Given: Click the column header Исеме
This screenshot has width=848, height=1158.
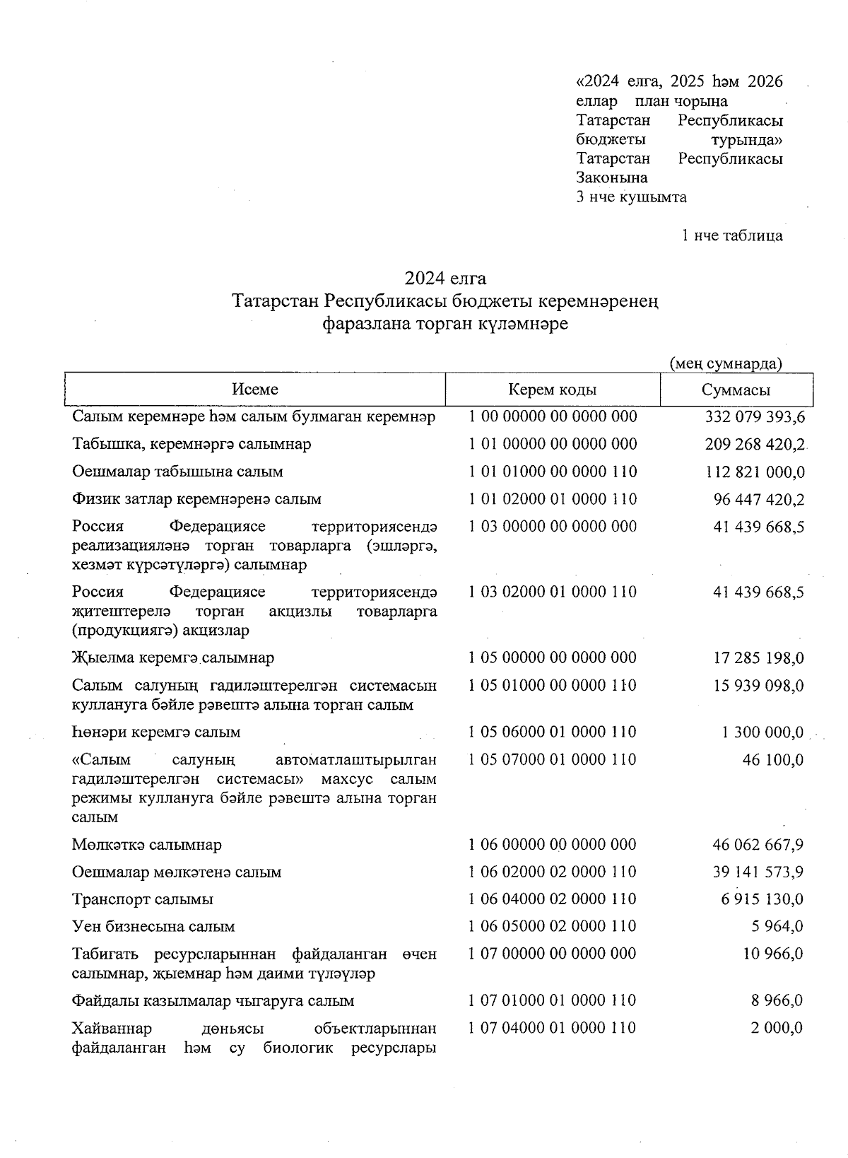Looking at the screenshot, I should click(255, 390).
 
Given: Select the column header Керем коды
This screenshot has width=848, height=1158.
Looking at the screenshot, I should click(552, 390).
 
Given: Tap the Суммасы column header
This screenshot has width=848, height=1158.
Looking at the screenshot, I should click(736, 390).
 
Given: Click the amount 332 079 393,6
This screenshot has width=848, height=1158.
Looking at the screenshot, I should click(755, 417).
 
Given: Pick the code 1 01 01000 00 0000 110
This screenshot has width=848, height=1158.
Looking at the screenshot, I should click(552, 472).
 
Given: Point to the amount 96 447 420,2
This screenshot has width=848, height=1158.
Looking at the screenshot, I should click(759, 500).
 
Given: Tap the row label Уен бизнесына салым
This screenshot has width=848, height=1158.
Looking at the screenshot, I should click(153, 926).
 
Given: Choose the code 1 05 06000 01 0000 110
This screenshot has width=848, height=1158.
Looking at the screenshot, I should click(552, 732).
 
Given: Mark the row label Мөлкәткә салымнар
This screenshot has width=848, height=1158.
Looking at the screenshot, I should click(147, 845).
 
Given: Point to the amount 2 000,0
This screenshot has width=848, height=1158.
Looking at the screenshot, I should click(776, 1028).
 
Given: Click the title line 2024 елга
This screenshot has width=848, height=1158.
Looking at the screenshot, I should click(445, 277).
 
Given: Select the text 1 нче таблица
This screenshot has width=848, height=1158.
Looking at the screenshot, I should click(731, 235).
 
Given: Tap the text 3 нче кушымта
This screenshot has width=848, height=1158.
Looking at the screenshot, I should click(631, 197).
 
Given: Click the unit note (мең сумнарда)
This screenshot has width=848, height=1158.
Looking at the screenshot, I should click(725, 363).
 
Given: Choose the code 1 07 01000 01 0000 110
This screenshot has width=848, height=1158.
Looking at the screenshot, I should click(552, 1000).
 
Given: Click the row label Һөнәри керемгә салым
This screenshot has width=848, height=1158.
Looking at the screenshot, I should click(156, 732).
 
